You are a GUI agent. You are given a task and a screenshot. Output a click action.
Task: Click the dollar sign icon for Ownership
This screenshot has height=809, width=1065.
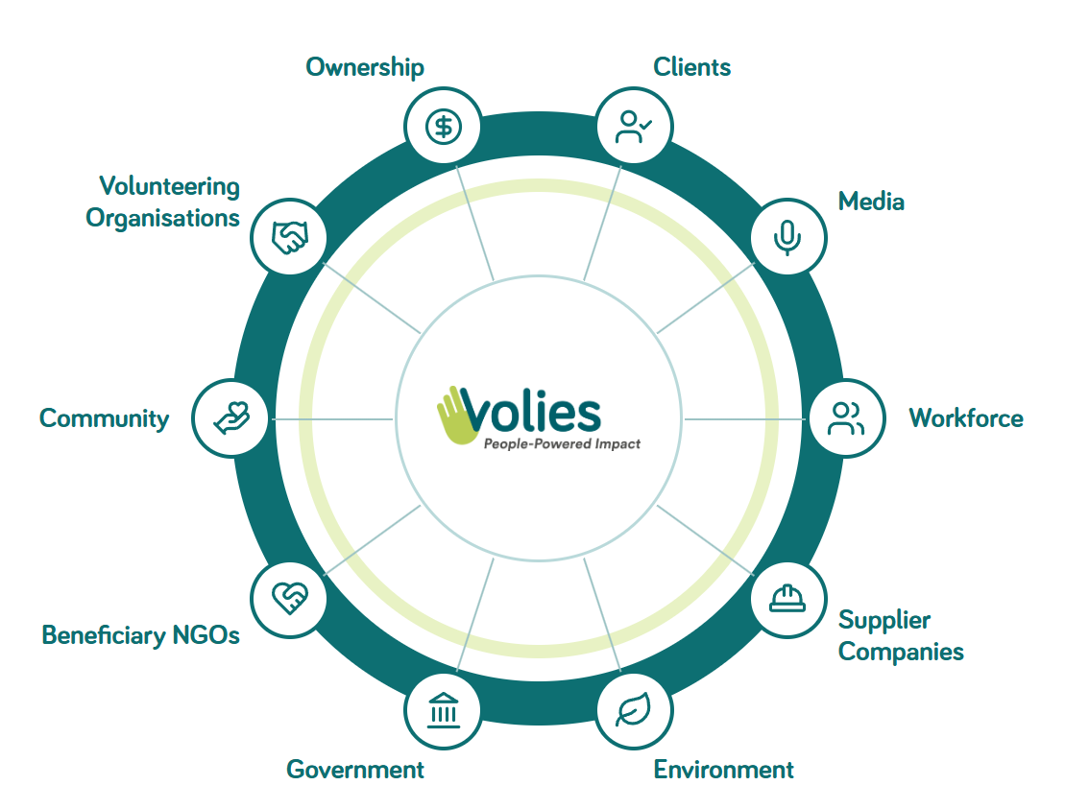(x=444, y=127)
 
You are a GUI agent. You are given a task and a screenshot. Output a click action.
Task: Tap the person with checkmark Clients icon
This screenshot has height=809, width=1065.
(x=634, y=127)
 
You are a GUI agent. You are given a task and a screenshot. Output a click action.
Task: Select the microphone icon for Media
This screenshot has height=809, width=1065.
(x=787, y=238)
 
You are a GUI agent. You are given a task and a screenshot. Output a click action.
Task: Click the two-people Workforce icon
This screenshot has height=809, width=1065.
(x=846, y=418)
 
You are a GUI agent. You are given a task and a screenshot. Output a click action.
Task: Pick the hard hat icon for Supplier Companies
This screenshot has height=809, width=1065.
(x=787, y=599)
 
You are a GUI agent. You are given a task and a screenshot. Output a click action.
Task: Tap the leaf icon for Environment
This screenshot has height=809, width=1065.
(x=634, y=710)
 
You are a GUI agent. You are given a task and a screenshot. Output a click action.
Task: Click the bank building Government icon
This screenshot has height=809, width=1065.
(x=444, y=710)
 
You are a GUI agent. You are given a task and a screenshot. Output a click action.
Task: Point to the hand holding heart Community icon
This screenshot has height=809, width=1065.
(x=231, y=418)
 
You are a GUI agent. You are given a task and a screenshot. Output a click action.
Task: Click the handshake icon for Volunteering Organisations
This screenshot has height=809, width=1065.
(x=290, y=238)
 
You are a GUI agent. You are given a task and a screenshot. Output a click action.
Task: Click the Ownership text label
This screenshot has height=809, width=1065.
(x=365, y=68)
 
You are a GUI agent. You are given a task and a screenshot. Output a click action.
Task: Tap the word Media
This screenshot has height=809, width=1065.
(x=871, y=202)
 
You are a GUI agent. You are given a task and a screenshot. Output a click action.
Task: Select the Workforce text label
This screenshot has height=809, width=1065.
(x=966, y=418)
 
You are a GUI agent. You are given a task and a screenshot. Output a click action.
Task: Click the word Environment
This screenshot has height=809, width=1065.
(x=723, y=770)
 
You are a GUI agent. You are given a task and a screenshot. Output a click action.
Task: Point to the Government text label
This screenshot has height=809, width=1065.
(x=355, y=770)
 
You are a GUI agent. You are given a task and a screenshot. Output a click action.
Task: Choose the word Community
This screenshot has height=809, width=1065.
(x=104, y=419)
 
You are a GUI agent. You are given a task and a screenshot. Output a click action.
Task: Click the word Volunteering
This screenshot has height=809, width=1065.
(x=169, y=187)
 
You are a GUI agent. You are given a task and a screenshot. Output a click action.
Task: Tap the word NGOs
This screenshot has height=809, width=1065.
(x=206, y=635)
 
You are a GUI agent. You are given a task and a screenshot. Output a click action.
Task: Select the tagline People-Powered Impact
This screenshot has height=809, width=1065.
(x=562, y=444)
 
